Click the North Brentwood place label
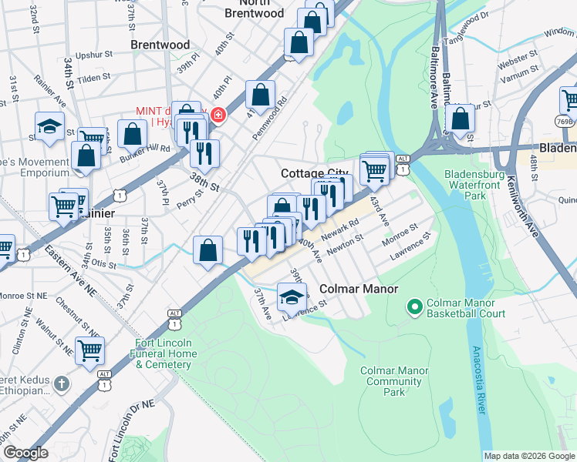pos(254,13)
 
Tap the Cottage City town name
pos(315,173)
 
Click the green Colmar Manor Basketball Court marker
pos(414,307)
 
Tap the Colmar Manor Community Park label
pos(394,381)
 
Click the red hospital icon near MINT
pos(219,115)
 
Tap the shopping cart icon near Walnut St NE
pos(90,350)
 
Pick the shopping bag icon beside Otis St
pos(208,250)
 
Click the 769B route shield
pos(565,121)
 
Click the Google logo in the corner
pos(26,453)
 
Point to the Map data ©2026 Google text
pos(528,456)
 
